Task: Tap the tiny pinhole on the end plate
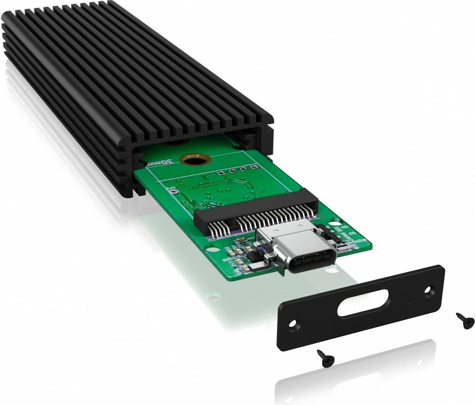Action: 410,301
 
